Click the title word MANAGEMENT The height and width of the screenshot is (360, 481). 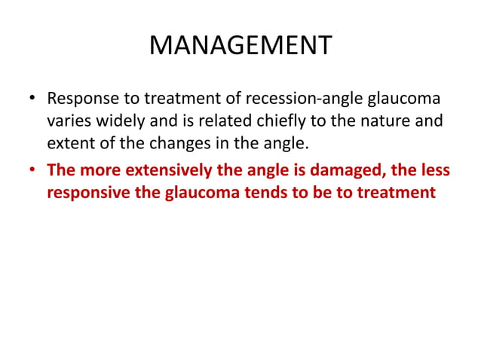point(240,46)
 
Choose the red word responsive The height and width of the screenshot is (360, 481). point(89,192)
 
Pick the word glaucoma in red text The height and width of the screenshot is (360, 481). point(198,192)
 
